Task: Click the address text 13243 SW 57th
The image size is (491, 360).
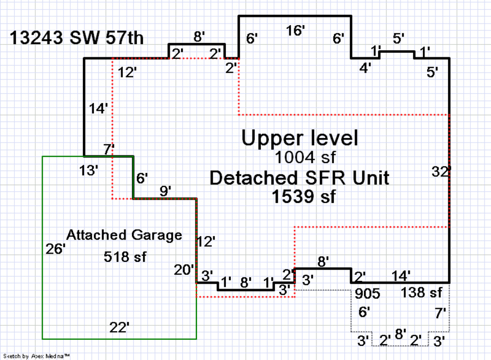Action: [77, 38]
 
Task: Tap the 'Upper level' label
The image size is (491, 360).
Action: [300, 138]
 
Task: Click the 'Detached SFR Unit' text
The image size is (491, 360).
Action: [300, 178]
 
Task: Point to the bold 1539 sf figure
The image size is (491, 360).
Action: [304, 196]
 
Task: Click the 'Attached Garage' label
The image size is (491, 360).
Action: [124, 235]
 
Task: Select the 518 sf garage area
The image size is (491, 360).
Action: [125, 256]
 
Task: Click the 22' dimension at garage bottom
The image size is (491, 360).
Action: [119, 327]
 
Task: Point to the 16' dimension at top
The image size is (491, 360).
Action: [295, 31]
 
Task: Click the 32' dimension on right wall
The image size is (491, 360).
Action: [441, 172]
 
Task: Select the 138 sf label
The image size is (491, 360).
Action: [421, 293]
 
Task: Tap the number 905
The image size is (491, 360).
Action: [367, 294]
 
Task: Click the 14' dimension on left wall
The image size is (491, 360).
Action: [99, 109]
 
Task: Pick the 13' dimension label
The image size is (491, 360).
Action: [88, 170]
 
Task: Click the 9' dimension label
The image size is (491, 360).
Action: [165, 191]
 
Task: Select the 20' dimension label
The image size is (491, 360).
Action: [184, 269]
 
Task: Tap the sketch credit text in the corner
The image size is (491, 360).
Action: [37, 356]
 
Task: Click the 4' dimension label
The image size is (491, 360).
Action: [365, 68]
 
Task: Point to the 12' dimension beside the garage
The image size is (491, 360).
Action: [206, 242]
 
